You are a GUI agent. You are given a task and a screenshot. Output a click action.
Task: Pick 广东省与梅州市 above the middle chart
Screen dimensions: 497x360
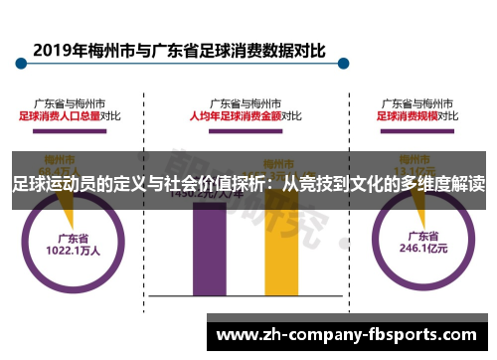point(245,101)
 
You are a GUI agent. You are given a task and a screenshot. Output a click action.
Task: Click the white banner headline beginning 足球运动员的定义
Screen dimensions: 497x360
point(248,184)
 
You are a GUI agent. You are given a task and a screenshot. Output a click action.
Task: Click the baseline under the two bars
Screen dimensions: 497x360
point(245,297)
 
